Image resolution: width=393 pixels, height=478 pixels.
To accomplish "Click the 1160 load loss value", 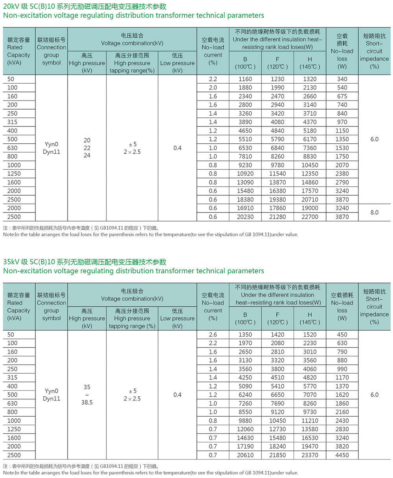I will (245, 79).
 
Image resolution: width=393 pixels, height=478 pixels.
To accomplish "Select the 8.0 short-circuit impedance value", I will (374, 212).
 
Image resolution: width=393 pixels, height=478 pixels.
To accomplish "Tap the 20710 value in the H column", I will (310, 200).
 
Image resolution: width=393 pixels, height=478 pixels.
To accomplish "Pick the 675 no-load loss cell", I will (342, 96).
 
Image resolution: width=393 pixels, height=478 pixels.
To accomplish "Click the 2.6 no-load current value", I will (213, 335).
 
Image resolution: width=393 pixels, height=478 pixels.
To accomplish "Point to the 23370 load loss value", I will (310, 455).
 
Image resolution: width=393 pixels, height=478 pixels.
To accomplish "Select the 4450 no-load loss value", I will (342, 455).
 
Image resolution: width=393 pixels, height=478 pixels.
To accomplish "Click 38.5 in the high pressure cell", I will (87, 403).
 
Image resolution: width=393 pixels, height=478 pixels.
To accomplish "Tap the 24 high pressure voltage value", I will (87, 155).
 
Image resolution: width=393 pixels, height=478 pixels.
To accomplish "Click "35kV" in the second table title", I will (11, 262).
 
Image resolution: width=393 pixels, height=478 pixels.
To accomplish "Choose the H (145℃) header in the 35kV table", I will (310, 318).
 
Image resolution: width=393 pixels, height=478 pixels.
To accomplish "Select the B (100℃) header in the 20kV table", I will (245, 63).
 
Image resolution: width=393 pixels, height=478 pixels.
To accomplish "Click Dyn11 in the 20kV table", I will (51, 152).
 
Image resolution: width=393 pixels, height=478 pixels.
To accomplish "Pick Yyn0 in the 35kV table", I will (51, 391).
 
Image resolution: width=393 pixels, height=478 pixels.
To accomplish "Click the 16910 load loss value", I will (245, 208).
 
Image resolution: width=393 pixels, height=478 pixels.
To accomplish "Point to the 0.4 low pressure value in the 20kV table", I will (178, 148).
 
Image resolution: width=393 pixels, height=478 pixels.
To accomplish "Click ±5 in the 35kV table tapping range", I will (132, 391).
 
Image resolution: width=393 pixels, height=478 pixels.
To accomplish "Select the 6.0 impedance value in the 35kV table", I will (374, 395).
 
